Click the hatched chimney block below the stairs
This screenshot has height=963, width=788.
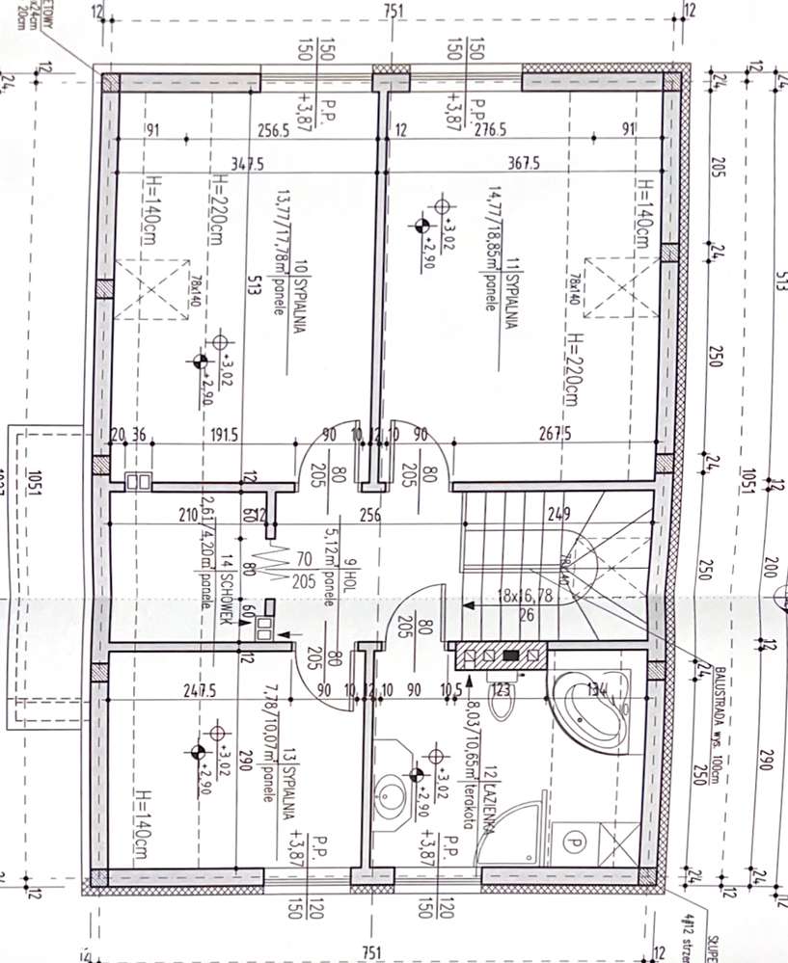point(500,656)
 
